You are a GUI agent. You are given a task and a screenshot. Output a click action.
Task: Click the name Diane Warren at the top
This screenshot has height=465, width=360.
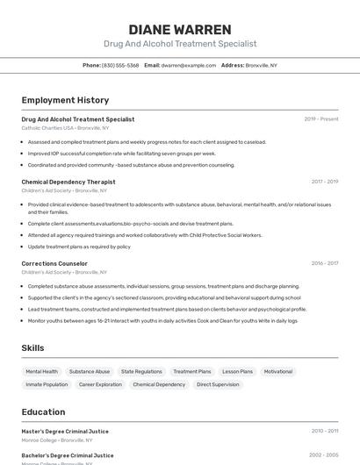180,29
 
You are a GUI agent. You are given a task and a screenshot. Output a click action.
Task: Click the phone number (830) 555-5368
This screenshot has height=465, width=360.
120,65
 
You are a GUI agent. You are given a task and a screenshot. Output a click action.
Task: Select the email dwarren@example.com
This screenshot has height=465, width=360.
189,65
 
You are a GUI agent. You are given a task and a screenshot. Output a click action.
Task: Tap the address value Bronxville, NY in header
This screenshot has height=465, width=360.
262,65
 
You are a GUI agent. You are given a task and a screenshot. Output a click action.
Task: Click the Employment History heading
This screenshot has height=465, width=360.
65,100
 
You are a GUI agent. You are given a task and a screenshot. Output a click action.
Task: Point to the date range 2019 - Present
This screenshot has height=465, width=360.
320,119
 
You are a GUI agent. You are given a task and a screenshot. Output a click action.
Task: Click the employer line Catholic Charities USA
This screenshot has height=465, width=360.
65,128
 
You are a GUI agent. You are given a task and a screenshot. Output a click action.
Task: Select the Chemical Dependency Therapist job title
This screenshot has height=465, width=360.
68,182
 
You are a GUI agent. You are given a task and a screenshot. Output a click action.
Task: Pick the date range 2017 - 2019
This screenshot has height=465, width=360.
324,182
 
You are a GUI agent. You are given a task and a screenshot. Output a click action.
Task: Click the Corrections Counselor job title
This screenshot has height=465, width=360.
54,263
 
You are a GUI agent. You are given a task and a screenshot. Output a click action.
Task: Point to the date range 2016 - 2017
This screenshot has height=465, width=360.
324,263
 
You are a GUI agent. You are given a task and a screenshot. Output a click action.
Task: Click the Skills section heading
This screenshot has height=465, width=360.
32,348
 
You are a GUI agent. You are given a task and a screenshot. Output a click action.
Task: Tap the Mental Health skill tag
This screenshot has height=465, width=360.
41,371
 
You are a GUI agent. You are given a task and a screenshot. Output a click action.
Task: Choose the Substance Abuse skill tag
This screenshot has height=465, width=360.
90,371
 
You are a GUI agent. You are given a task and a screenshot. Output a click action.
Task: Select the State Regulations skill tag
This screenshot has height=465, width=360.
141,371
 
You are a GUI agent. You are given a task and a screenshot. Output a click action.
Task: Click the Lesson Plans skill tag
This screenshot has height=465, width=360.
237,371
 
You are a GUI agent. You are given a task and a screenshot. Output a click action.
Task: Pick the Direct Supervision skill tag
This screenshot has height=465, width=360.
218,384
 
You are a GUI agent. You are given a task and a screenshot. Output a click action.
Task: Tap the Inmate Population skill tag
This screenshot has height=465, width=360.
47,384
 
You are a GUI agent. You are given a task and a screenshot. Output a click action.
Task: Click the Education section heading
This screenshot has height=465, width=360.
43,412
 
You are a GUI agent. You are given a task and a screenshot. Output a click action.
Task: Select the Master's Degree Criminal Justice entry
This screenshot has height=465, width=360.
65,431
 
